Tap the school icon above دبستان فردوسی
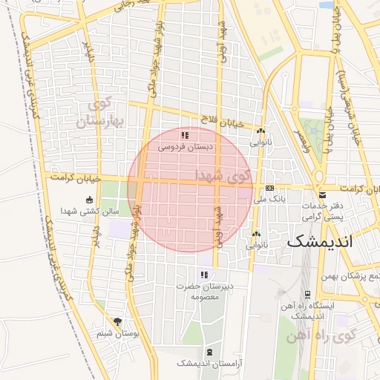pos(185,136)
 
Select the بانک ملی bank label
pos(269,200)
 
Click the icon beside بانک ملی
pos(269,189)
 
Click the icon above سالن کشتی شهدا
pos(90,199)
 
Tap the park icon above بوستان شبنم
pos(117,322)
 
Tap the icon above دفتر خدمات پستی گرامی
pos(318,189)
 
